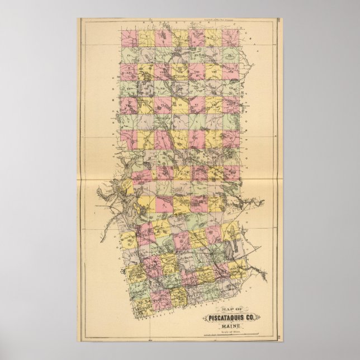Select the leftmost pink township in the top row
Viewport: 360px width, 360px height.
pos(129,37)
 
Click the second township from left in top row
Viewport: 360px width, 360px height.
pos(146,37)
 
